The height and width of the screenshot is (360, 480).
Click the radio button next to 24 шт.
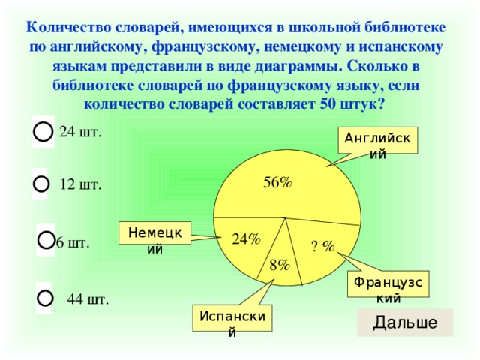(x=43, y=130)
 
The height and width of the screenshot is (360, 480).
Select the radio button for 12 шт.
(x=41, y=183)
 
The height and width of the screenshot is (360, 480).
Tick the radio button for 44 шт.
(x=44, y=298)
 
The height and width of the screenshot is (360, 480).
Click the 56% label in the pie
(x=277, y=182)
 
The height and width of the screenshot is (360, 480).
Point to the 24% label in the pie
(x=246, y=239)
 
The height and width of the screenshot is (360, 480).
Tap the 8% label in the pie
(x=280, y=264)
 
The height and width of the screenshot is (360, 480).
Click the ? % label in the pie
(x=322, y=247)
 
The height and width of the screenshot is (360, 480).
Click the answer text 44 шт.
(x=88, y=300)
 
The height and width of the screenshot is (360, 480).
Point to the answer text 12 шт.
(x=80, y=185)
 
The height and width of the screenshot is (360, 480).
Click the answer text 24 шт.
(x=80, y=132)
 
